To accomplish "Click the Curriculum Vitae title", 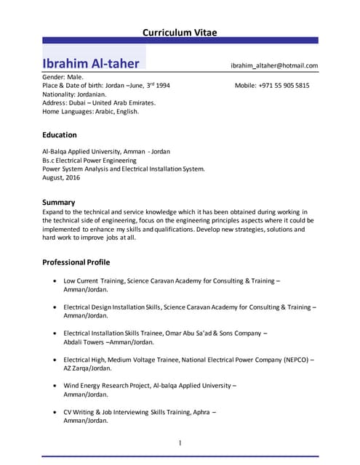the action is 180,32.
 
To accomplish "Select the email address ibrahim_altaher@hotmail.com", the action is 274,65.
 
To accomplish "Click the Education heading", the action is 60,135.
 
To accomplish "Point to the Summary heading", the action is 59,201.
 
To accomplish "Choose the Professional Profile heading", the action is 76,262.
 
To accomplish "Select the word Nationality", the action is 60,94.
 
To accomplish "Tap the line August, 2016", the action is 61,177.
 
